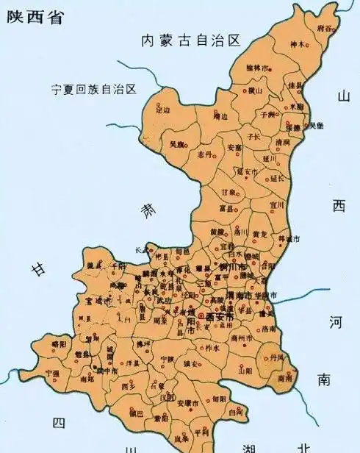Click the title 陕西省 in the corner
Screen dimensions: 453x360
[x=34, y=17]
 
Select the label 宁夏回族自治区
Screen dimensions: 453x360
[x=94, y=89]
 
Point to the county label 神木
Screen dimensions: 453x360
[x=296, y=45]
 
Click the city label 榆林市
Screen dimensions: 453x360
[x=257, y=68]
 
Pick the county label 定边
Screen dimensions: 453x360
[x=162, y=110]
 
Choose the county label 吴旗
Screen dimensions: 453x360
[x=177, y=144]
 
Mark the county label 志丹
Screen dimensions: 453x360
[x=205, y=154]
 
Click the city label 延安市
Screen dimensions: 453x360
[x=248, y=172]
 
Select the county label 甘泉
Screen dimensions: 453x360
[x=228, y=193]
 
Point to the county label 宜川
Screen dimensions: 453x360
[x=276, y=205]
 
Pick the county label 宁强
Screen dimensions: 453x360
[x=52, y=373]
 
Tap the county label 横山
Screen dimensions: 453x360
[x=255, y=91]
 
